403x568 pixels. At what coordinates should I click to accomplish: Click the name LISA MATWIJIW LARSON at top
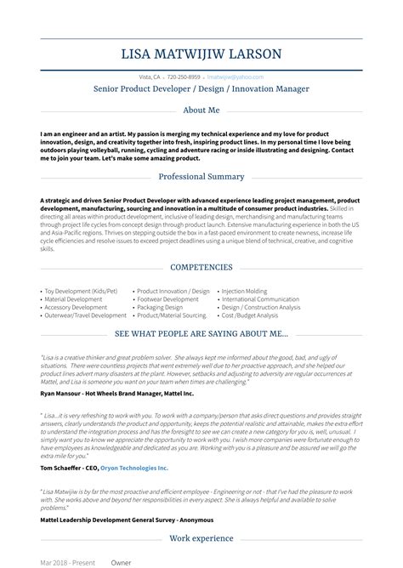click(x=201, y=55)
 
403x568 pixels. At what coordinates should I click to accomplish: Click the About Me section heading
click(x=201, y=111)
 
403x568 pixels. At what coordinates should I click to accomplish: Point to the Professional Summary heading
click(x=201, y=177)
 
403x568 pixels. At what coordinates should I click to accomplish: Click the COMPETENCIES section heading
click(x=201, y=267)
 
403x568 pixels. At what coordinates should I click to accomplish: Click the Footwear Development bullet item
click(x=168, y=299)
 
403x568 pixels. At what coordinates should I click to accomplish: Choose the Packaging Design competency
click(x=162, y=307)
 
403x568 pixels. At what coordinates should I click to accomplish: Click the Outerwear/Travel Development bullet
click(x=86, y=315)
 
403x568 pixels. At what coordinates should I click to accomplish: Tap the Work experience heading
click(x=201, y=538)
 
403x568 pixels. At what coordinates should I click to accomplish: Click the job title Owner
click(x=121, y=562)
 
